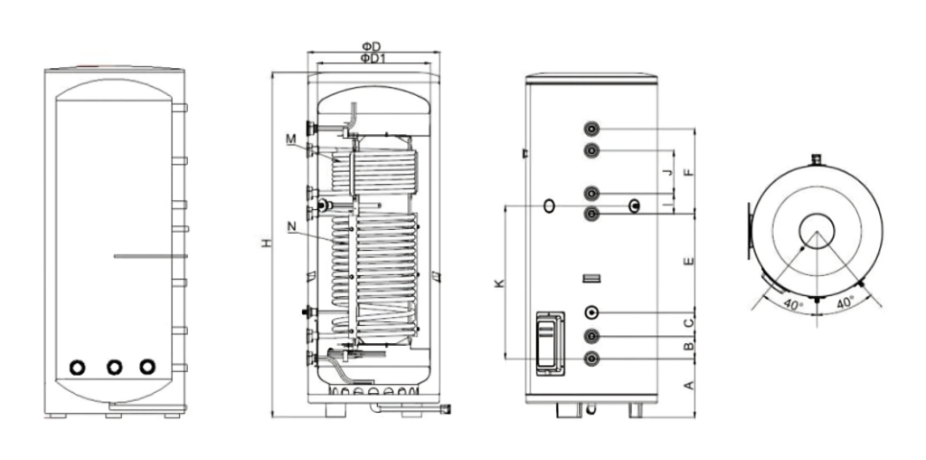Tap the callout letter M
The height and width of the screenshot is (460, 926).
[290, 139]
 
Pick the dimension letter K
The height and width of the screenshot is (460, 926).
[499, 283]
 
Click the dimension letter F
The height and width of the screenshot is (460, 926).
[689, 169]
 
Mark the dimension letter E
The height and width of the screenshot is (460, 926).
[689, 262]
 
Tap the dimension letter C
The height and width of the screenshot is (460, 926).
[689, 322]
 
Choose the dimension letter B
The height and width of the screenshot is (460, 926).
[689, 346]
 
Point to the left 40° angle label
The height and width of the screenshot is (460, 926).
[792, 305]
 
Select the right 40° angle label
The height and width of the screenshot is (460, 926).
[846, 305]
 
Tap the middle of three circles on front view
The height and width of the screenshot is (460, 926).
[114, 367]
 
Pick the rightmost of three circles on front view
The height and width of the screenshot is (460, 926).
[146, 367]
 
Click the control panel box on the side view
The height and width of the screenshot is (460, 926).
[548, 341]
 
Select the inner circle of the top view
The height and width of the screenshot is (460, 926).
[817, 232]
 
